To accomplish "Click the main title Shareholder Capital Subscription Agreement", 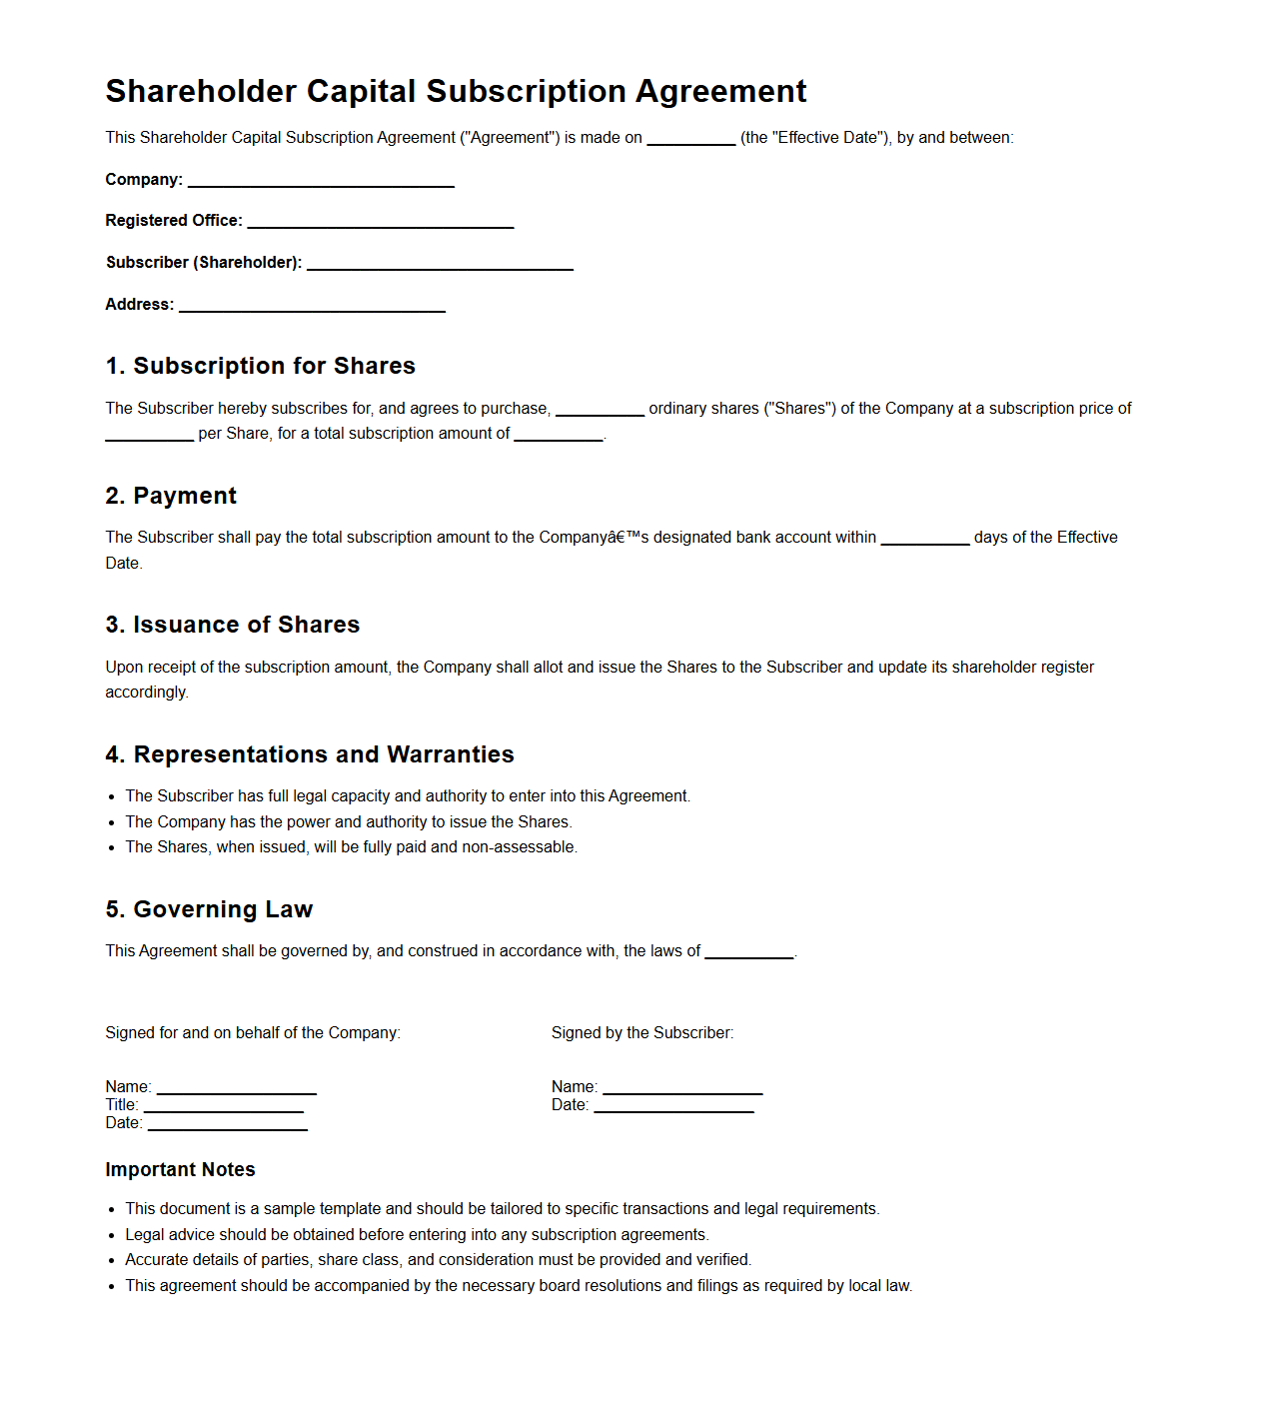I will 456,91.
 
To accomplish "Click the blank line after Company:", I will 321,182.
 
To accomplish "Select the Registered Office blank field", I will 381,223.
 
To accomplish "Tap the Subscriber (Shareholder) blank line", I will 440,265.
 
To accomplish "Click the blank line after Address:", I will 312,307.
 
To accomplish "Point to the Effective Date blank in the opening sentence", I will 690,140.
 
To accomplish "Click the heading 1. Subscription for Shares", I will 260,366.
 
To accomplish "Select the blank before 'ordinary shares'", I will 600,410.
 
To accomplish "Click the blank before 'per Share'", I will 149,435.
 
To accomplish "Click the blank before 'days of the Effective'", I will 924,540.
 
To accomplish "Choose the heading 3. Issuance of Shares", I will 232,625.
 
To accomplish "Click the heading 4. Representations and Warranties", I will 310,754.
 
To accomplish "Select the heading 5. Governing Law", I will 209,909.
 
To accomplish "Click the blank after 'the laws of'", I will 748,953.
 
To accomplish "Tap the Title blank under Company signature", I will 223,1107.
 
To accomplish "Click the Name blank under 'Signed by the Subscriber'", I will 682,1089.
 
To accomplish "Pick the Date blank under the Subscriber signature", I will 673,1107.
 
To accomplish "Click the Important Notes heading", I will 180,1169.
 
